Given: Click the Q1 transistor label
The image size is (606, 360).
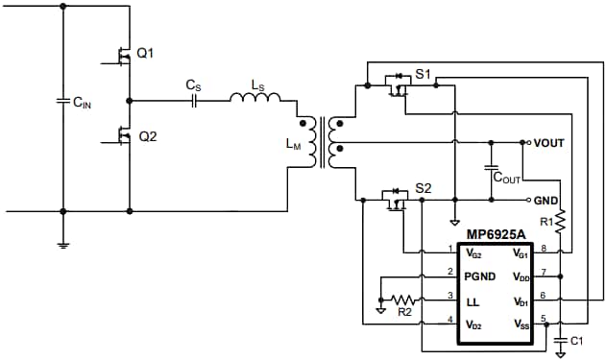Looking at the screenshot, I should point(145,53).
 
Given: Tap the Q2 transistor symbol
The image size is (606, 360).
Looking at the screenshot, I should point(122,138).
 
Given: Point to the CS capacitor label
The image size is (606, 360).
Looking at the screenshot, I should point(193,84).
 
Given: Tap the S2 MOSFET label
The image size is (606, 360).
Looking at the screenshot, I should point(424,187).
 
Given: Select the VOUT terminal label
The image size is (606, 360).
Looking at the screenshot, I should point(548,142).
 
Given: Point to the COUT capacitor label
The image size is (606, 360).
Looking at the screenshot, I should point(507,178).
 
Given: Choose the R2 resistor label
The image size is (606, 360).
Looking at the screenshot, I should point(404,312).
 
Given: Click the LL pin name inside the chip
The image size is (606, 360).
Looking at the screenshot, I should point(473,300).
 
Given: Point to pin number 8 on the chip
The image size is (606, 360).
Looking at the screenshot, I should point(545,249).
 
